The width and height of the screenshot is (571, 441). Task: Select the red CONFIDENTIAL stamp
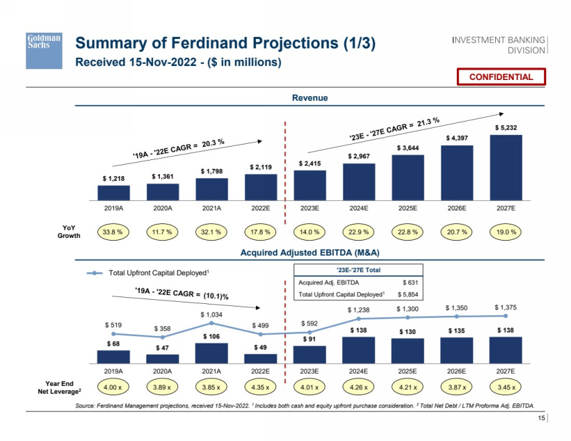pyautogui.click(x=501, y=77)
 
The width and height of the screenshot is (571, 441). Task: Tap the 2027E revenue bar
pyautogui.click(x=506, y=167)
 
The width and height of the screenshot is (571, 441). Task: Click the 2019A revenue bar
pyautogui.click(x=114, y=192)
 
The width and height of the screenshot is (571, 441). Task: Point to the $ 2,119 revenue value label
pyautogui.click(x=261, y=167)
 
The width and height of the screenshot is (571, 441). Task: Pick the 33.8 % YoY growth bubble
pyautogui.click(x=114, y=232)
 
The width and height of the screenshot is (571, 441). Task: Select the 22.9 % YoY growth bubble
pyautogui.click(x=359, y=232)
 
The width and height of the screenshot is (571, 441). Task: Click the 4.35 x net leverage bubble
pyautogui.click(x=261, y=387)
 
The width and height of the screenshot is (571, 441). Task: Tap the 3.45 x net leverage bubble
pyautogui.click(x=506, y=387)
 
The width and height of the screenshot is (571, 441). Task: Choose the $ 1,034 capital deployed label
pyautogui.click(x=212, y=314)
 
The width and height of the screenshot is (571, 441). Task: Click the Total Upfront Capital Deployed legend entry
pyautogui.click(x=150, y=272)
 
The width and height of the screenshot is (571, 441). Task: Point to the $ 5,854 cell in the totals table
pyautogui.click(x=408, y=294)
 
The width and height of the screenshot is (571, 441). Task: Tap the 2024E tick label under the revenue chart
pyautogui.click(x=359, y=208)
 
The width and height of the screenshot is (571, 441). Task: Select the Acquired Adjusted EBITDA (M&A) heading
pyautogui.click(x=310, y=252)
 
